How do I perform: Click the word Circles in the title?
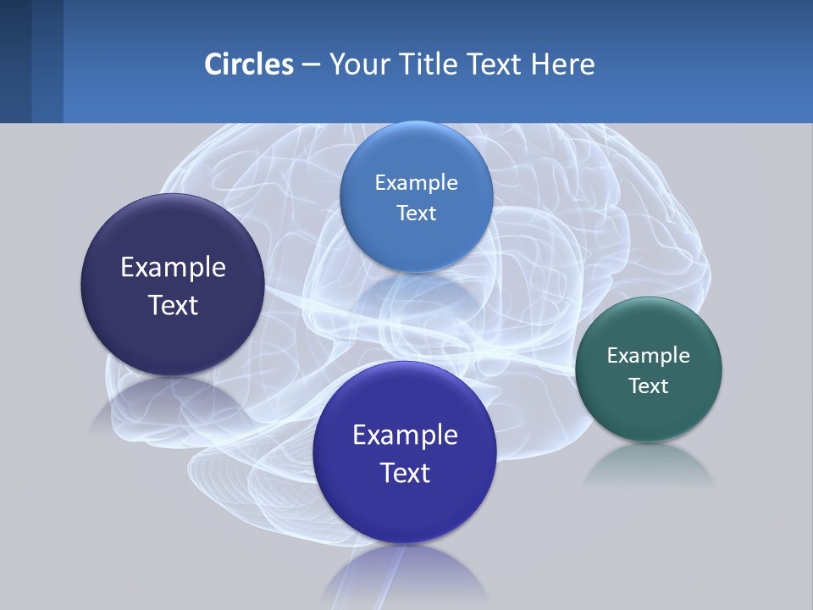249,64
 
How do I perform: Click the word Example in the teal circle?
649,355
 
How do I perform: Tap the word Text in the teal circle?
649,386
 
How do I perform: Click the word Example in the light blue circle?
417,182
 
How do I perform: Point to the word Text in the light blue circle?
417,213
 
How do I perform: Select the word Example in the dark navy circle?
173,268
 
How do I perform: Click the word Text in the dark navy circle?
173,305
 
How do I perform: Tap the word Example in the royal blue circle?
405,435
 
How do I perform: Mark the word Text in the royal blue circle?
405,473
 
